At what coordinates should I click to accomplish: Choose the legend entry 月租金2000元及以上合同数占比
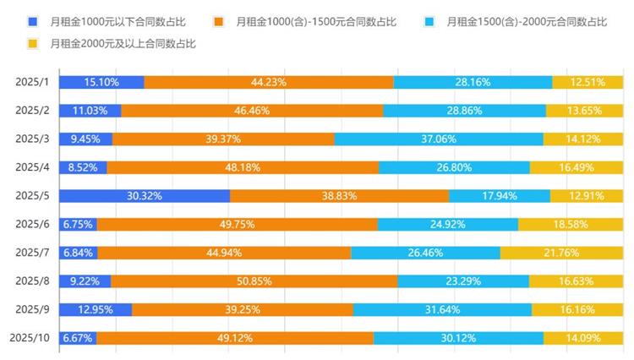122,43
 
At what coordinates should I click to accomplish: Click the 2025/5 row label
33,195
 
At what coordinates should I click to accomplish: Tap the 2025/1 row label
33,82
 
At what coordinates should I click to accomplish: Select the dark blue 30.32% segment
145,195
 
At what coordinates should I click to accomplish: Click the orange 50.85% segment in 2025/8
254,281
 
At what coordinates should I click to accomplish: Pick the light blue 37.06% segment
439,139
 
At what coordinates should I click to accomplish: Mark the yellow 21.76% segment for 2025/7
562,253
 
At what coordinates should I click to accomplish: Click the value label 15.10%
101,82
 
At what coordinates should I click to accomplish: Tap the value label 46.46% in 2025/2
252,111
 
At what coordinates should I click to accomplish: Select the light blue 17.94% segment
500,195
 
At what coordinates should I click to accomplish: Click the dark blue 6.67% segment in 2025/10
78,338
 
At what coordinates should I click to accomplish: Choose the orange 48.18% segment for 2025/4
243,167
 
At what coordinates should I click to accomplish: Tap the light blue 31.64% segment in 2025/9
443,309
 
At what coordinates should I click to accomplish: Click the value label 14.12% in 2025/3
583,139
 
